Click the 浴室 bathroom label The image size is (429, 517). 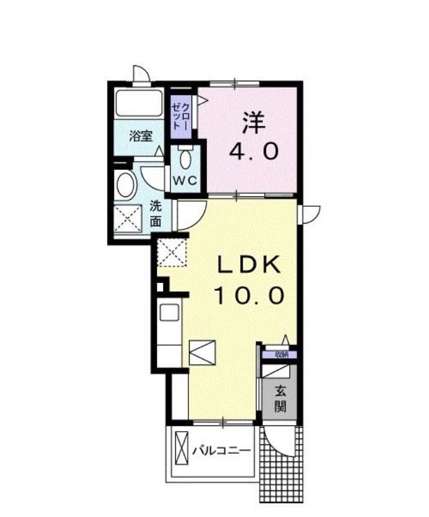point(141,136)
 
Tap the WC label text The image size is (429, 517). point(185,180)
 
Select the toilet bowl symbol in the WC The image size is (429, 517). point(185,159)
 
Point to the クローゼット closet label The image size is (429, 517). point(181,116)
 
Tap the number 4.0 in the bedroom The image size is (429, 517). point(254,152)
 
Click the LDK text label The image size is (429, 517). point(248,264)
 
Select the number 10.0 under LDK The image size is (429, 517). point(249,295)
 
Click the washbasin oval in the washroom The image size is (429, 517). point(126,185)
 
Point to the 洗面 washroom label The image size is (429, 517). point(156,214)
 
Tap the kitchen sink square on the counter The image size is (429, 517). point(170,312)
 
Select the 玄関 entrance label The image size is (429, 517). point(281,399)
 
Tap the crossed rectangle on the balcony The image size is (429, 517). point(181,448)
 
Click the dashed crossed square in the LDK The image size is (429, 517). point(171,252)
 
